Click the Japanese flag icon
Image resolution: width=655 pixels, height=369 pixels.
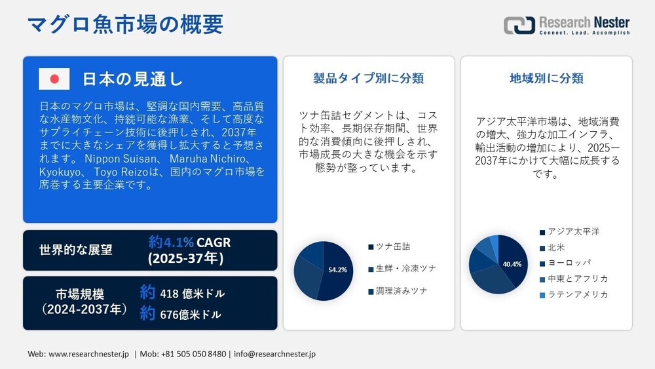coord(54,79)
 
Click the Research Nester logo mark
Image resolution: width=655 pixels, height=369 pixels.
coord(519,26)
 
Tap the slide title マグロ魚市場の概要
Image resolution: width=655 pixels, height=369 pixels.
coord(125,24)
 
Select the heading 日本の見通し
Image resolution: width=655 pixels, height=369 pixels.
coord(132,79)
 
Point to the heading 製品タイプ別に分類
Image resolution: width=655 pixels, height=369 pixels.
coord(369,79)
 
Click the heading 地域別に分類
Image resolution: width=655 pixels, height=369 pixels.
coord(546,79)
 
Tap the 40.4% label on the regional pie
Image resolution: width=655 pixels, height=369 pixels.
coord(512,264)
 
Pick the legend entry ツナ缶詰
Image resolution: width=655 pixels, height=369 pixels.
coord(392,246)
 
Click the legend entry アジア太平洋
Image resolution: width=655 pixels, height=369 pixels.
coord(573,232)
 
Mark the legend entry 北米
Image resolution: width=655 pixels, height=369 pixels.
coord(555,248)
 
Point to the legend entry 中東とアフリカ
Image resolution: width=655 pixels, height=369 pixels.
coord(578,279)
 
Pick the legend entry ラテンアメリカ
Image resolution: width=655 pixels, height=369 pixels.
coord(578,295)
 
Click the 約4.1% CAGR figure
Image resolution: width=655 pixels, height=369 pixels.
coord(189,243)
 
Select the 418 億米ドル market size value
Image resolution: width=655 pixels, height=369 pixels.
coord(191,293)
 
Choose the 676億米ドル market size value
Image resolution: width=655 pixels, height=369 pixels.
coord(191,315)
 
